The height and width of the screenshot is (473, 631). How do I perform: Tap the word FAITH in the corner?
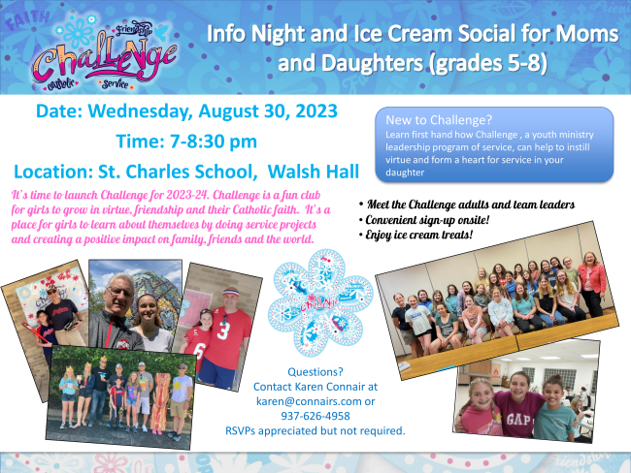coord(27,19)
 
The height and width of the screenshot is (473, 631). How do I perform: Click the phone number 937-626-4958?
coord(315,416)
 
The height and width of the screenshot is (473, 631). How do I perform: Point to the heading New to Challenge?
coord(439,120)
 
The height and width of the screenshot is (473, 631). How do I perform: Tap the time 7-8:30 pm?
coord(214,142)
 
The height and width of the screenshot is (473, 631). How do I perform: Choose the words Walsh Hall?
coord(314,172)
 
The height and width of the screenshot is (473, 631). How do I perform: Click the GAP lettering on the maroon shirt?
coord(518,420)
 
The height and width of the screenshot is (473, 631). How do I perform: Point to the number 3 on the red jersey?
coord(224,330)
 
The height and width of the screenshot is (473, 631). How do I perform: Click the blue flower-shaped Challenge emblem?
coord(320,303)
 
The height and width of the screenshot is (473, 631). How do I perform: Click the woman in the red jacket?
coord(591,284)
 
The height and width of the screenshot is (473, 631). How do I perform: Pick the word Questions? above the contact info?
coord(315,372)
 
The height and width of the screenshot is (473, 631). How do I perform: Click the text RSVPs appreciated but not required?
coord(315,430)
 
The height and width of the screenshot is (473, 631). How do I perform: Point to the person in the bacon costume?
coord(159,402)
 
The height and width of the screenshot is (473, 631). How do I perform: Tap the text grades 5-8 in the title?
coord(488,63)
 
